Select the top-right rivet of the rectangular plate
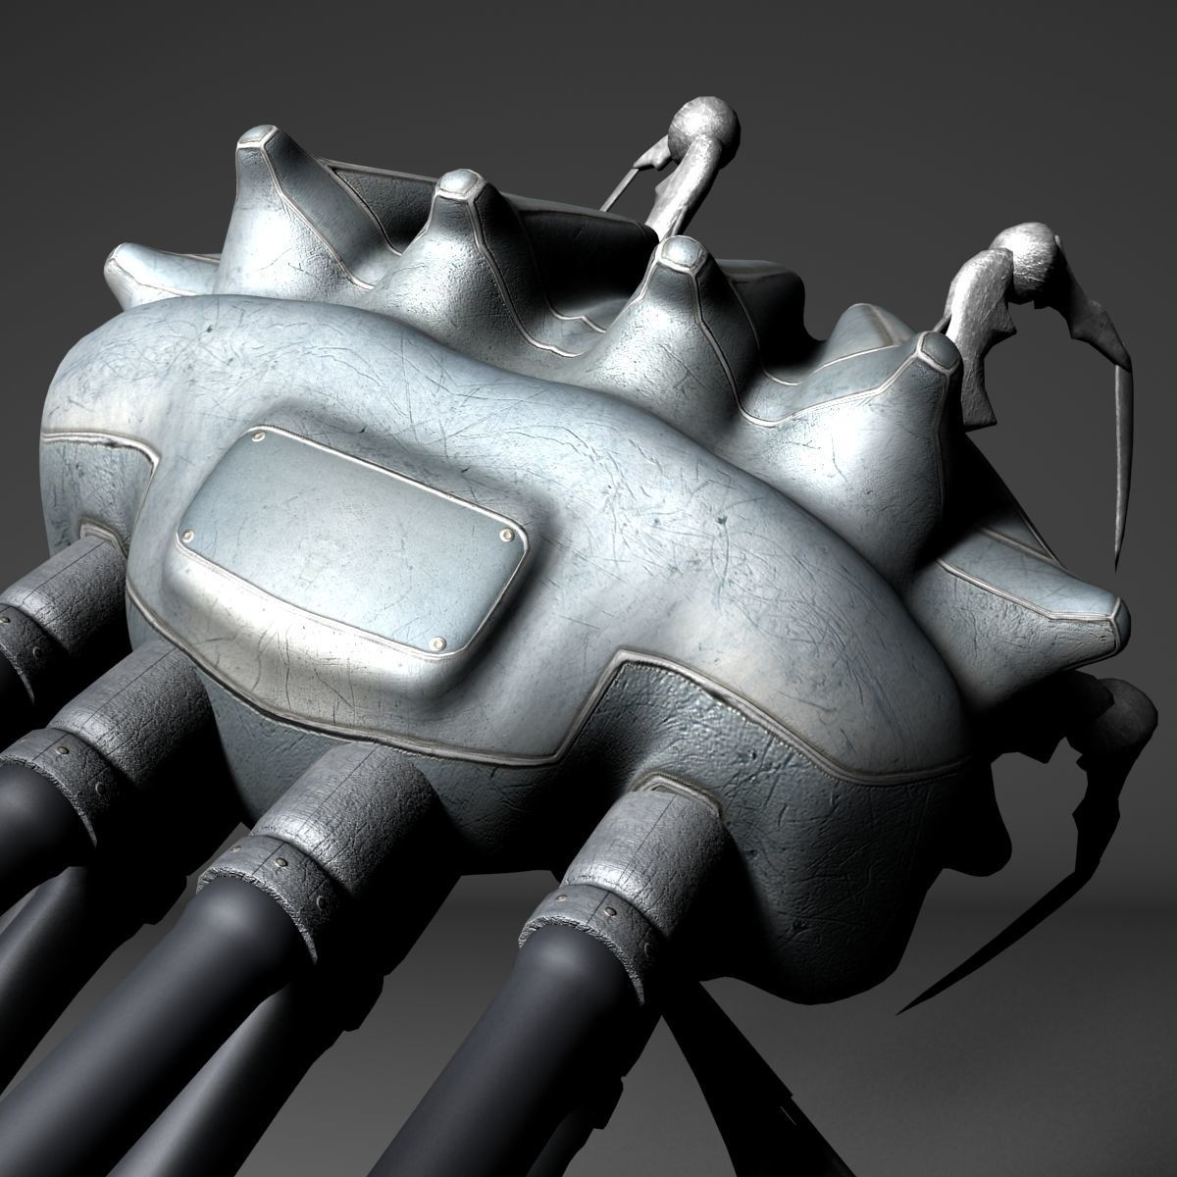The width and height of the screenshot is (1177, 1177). (x=505, y=535)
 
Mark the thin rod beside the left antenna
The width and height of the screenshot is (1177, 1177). (x=620, y=181)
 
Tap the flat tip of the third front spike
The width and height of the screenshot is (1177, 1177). (x=682, y=255)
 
